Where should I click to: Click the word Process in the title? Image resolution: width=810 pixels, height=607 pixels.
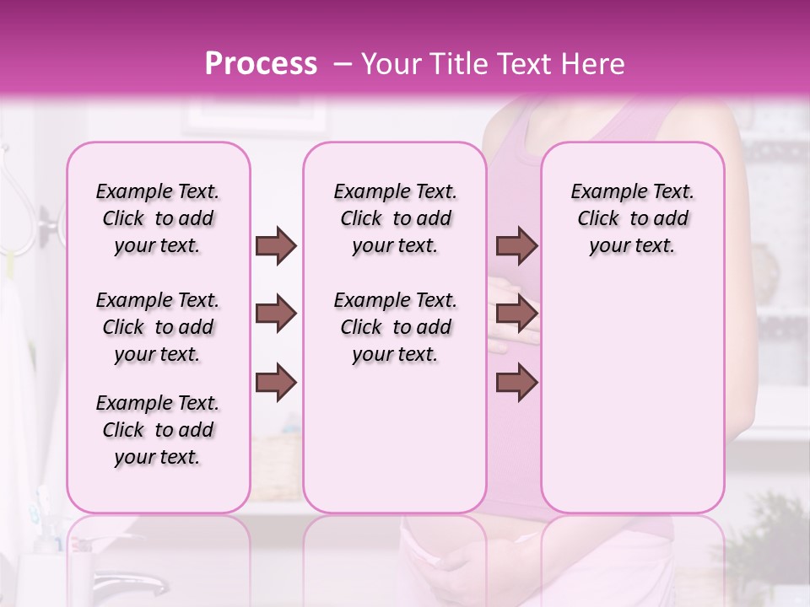261,65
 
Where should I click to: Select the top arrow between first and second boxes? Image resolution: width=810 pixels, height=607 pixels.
276,245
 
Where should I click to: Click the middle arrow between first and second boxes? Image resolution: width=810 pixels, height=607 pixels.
276,314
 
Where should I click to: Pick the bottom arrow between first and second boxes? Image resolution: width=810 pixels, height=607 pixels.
276,384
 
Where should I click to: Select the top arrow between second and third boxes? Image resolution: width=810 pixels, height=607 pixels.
516,245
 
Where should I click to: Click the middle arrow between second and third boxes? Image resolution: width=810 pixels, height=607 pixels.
516,314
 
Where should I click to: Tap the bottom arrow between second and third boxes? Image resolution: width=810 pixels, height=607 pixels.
516,384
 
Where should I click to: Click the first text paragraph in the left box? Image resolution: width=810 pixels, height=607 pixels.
158,218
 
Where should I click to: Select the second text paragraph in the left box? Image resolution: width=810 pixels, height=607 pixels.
158,327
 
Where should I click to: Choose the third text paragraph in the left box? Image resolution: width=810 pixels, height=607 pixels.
158,430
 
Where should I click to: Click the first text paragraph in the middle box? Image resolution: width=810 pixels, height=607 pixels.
395,218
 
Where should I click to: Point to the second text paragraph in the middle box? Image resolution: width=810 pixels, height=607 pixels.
395,327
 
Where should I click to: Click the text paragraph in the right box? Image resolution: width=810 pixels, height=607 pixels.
632,218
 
